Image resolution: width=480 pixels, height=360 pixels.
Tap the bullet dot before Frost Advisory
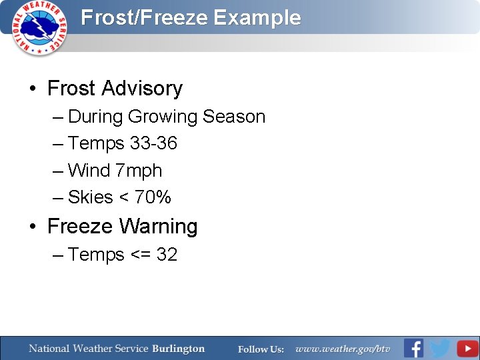tap(33, 89)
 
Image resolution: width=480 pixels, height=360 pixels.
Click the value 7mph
tap(139, 171)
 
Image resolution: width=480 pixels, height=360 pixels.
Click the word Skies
tap(90, 197)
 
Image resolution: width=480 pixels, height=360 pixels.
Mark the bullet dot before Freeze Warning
tap(33, 227)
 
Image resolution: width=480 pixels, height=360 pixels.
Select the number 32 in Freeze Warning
tap(167, 255)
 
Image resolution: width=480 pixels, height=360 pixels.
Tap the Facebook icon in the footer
tap(413, 348)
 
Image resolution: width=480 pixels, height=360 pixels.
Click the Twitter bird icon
tap(439, 348)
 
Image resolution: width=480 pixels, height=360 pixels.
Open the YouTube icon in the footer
tap(467, 348)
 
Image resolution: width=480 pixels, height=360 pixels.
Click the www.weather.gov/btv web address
tap(343, 349)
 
